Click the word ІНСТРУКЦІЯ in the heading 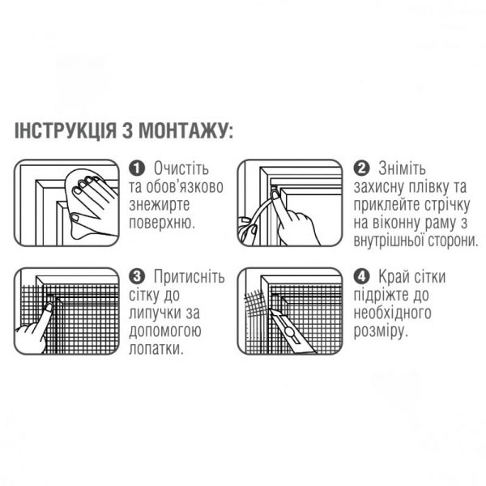pos(66,130)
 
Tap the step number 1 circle pos(137,168)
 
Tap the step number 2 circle pos(362,168)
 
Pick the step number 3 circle pos(137,276)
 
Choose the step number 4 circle pos(362,276)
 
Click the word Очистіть pos(181,168)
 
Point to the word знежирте pos(159,205)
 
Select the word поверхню pos(162,224)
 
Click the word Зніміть pos(403,168)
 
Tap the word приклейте pos(384,205)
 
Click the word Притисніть pos(189,276)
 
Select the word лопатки pos(156,349)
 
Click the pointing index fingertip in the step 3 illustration pos(49,307)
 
